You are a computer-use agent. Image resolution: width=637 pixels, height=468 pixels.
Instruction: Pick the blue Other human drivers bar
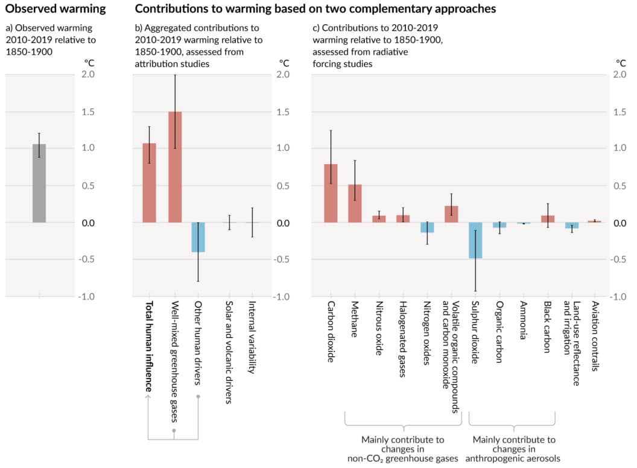coord(198,237)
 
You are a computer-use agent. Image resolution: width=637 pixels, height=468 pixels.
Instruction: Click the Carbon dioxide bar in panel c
coord(331,193)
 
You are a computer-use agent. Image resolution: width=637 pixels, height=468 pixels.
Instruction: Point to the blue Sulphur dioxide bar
coord(475,240)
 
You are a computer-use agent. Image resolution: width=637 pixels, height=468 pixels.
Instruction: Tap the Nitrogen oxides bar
coord(427,228)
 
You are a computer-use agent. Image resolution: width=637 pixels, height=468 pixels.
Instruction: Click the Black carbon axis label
coord(547,332)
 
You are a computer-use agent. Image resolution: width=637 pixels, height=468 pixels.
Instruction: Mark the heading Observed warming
coord(53,9)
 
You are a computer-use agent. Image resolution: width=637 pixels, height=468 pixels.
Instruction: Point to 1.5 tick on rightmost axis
coord(621,112)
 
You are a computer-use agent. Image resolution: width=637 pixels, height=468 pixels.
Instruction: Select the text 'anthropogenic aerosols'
coord(515,458)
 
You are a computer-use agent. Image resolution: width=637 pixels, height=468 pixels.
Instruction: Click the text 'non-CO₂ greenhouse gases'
coord(402,458)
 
